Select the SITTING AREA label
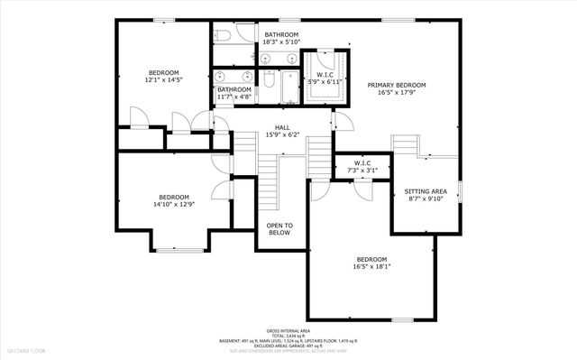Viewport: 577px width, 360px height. pos(426,192)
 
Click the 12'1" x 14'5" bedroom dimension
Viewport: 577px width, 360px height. pos(164,80)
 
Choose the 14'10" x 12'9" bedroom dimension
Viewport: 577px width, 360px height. pos(174,205)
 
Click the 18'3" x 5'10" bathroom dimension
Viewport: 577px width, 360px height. pos(280,42)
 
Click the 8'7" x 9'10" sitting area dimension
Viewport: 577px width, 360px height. pos(426,200)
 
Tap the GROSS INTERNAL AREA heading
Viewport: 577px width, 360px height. pos(288,331)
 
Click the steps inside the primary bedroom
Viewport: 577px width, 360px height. pos(407,146)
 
